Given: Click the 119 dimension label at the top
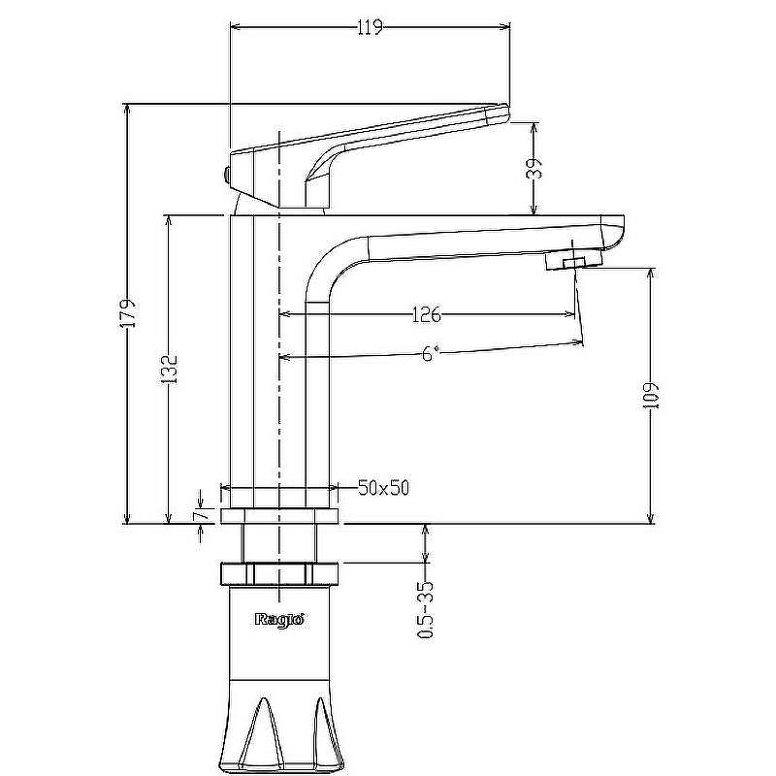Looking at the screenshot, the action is click(371, 28).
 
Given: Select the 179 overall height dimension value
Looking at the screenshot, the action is click(130, 312).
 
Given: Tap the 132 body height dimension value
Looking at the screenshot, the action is click(171, 369).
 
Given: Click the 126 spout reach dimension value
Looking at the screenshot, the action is click(426, 314).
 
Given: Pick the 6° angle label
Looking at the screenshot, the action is click(431, 353).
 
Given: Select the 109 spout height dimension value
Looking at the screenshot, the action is click(652, 396).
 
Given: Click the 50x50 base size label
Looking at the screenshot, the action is click(384, 489).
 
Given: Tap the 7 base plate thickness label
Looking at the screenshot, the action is click(201, 515).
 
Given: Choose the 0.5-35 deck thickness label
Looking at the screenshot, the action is click(426, 610).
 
